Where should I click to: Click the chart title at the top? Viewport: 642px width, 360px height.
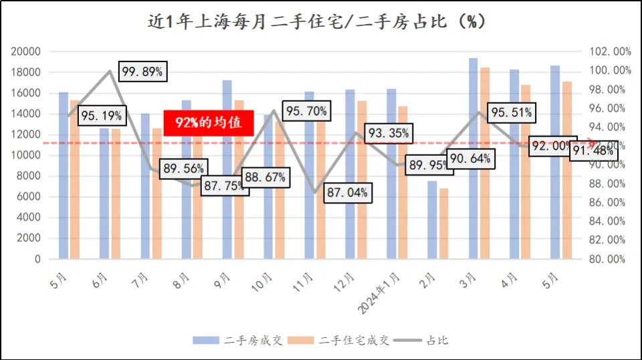(316, 21)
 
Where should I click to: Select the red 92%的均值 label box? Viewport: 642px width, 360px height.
(208, 122)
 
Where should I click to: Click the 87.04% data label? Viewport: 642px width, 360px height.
(347, 193)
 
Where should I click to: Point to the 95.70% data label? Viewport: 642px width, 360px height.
(306, 112)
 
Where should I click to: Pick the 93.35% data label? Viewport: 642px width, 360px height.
(388, 134)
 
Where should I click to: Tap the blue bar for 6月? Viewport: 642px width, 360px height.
(104, 193)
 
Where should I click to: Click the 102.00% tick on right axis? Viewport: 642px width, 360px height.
(609, 52)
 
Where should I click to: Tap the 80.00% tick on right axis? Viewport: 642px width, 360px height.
(609, 259)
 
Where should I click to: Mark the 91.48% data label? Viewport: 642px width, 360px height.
(592, 151)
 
